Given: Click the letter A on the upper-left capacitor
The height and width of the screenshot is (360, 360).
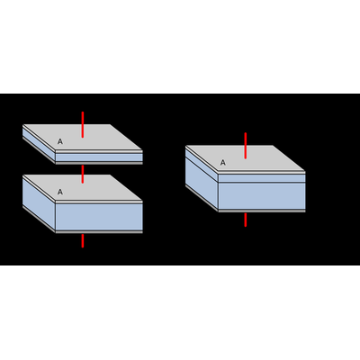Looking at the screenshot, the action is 60,141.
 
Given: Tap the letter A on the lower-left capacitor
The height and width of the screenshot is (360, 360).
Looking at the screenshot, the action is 60,192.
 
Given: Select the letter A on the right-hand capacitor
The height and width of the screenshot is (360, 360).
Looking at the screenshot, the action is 222,163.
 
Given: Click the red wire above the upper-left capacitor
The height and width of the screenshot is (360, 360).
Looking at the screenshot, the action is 83,124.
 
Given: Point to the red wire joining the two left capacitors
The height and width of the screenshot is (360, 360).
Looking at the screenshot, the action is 83,174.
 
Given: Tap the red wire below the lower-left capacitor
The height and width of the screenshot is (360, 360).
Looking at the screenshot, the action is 83,241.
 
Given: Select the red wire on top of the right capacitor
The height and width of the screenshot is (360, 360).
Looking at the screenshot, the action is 246,146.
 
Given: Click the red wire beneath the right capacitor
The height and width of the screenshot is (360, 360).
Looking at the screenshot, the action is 246,220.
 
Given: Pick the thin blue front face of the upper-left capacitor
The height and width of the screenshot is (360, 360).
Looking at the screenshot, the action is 99,157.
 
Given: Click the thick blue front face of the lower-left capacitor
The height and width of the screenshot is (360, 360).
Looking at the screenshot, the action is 99,217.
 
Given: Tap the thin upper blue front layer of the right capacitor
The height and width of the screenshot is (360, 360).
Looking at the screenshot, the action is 262,178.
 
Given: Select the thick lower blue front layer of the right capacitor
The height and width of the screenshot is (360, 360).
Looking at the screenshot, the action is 262,196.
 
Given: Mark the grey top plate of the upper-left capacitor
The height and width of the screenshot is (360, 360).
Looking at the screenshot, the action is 83,137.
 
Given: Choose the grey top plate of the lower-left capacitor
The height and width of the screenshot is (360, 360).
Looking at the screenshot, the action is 83,187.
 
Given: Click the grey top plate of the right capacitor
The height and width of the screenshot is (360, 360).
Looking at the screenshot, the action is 246,158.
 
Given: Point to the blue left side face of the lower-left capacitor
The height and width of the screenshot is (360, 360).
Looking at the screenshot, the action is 39,204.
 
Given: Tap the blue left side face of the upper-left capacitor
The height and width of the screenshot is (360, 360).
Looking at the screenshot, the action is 39,145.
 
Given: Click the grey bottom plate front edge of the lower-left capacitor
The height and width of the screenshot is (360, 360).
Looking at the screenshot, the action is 99,232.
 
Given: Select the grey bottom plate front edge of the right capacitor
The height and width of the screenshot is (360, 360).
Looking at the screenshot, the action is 262,211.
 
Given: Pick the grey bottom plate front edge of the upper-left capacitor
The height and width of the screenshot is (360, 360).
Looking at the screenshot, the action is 99,163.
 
